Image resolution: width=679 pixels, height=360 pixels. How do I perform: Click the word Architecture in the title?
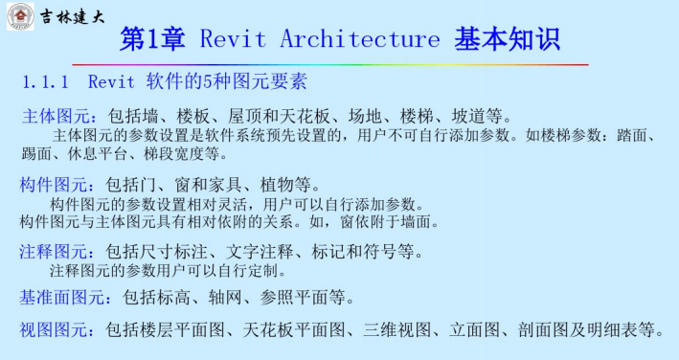click(x=356, y=39)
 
